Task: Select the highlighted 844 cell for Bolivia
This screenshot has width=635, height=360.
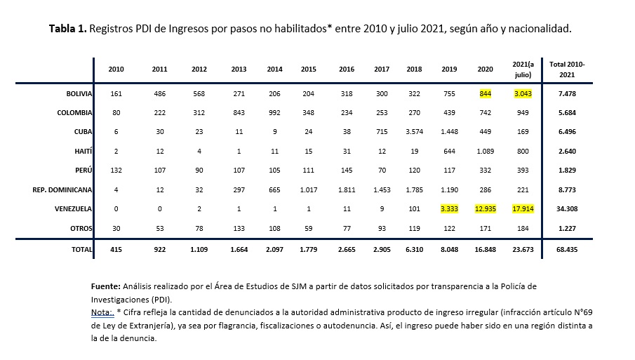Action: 486,94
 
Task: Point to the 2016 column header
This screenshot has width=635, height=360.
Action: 347,69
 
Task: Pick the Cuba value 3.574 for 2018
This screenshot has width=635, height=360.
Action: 414,131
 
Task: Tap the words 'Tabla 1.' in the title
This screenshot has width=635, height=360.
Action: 68,29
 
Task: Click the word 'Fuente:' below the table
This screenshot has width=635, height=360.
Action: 106,286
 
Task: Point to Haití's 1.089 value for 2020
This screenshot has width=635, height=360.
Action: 486,151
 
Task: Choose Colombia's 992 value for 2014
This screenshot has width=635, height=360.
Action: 275,113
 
